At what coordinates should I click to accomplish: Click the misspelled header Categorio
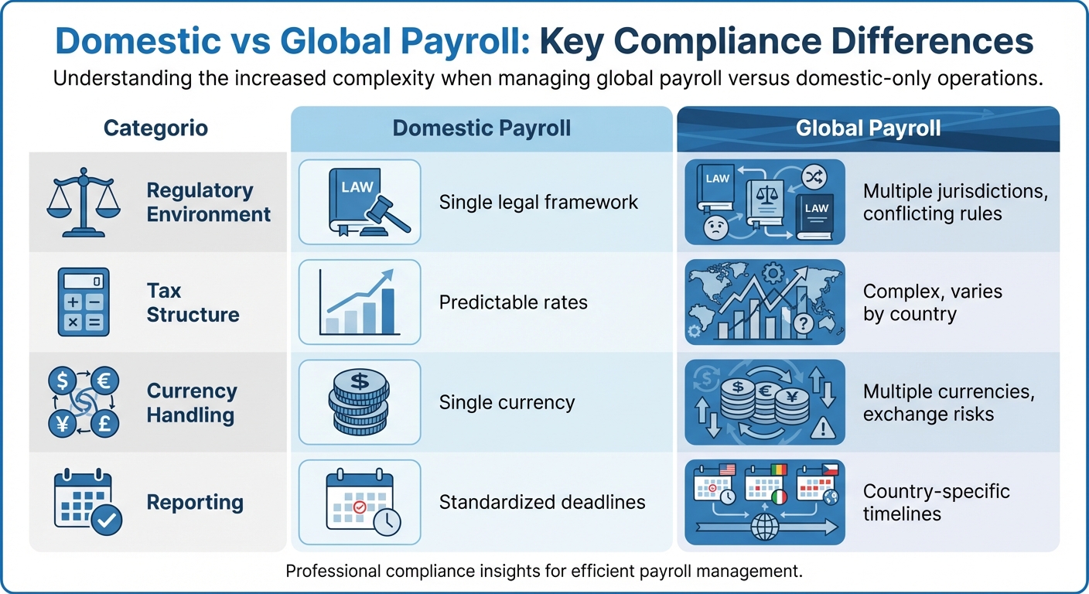(155, 128)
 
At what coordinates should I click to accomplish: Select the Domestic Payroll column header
(481, 128)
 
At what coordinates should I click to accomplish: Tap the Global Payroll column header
(868, 128)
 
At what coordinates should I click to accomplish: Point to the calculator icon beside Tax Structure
(84, 302)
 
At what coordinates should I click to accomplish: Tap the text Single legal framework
(538, 203)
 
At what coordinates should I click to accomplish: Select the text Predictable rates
(513, 302)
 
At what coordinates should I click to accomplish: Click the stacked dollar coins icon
(360, 403)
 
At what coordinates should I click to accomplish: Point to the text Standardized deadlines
(541, 502)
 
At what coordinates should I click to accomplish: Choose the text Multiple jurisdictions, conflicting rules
(955, 203)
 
